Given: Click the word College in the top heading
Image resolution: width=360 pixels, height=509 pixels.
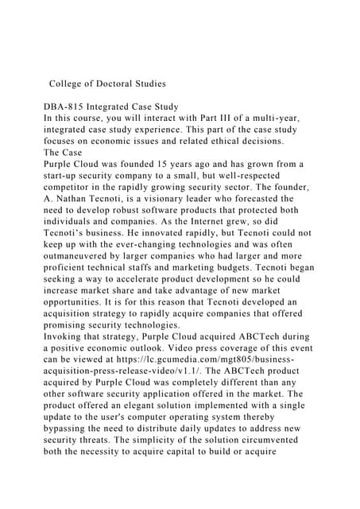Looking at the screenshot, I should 70,83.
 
